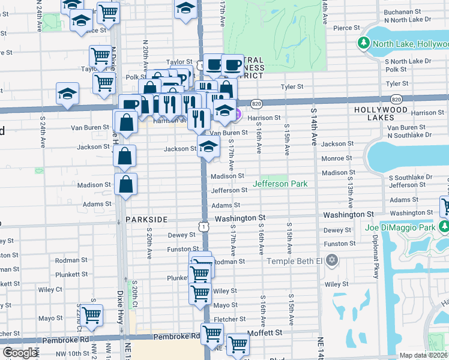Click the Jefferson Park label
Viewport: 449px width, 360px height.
(280, 184)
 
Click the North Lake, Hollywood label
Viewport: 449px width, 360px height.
(410, 43)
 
